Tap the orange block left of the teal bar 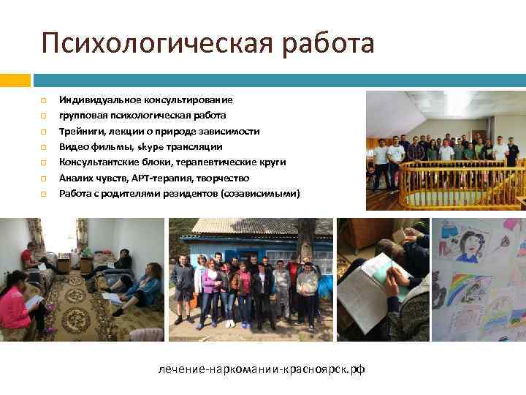point(15,79)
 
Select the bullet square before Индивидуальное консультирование point(43,100)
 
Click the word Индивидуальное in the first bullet point(94,99)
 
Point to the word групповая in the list point(83,116)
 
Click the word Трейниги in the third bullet point(81,131)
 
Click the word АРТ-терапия point(160,178)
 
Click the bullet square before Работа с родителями point(43,195)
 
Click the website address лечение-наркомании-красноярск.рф point(262,369)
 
